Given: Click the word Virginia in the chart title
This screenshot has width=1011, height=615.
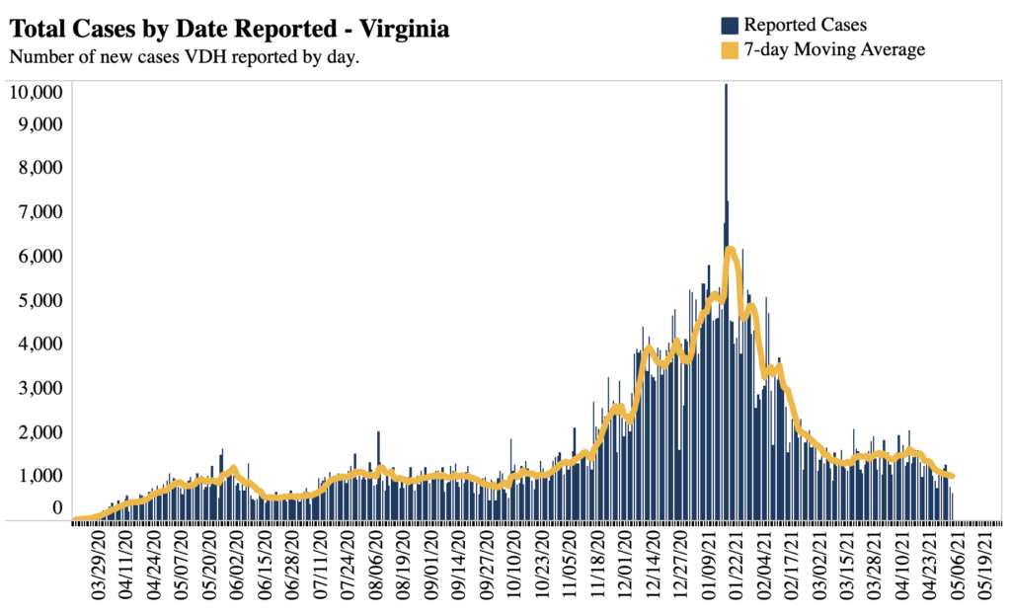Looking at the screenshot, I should point(404,31).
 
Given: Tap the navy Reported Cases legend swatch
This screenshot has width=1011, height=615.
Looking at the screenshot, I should point(730,24).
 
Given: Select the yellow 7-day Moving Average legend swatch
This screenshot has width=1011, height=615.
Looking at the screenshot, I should point(730,49).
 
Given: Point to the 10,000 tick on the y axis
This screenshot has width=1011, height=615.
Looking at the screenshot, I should point(37,92).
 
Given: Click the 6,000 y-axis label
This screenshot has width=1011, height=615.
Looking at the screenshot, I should point(40,256).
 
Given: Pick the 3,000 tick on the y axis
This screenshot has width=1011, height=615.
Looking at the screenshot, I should point(40,387).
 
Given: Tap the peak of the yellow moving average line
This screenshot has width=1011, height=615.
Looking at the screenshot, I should point(731,250).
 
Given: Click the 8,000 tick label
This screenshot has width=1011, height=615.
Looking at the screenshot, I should point(40,168).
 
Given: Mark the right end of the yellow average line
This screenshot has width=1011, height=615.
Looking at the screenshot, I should point(952,476).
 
